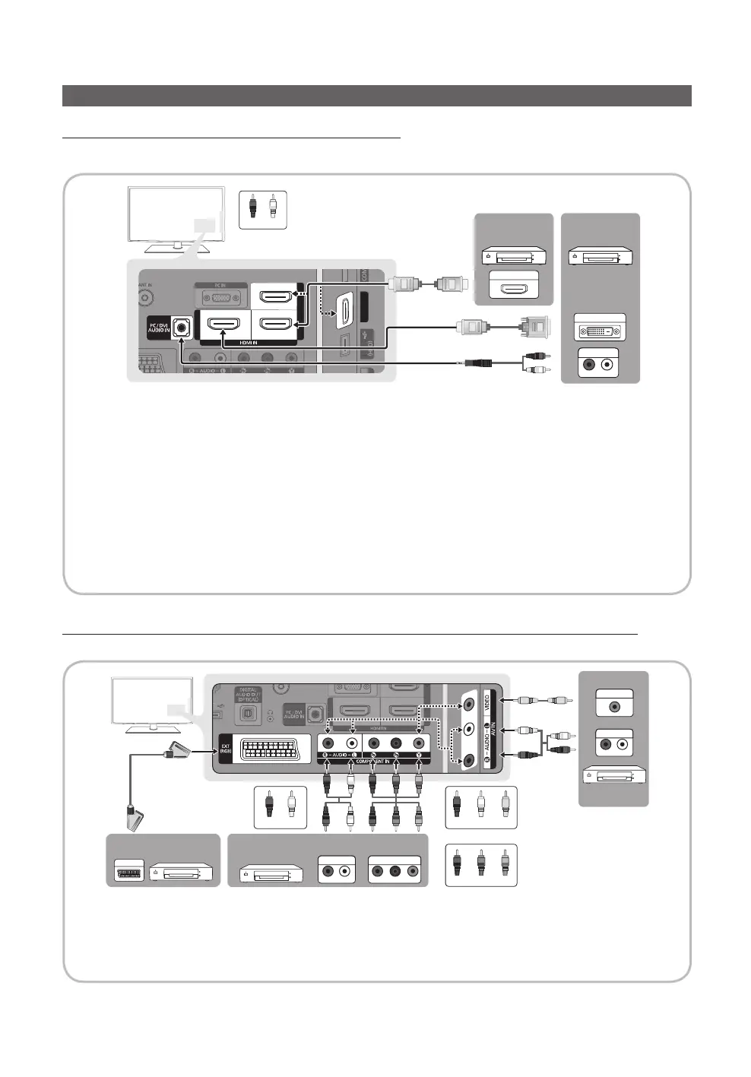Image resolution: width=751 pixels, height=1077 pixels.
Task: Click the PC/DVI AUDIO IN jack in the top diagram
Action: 181,329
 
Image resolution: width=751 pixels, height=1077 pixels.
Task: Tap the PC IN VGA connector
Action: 220,297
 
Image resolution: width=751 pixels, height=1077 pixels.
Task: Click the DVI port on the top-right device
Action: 600,331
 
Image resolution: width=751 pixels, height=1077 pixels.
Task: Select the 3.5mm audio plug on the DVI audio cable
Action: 478,363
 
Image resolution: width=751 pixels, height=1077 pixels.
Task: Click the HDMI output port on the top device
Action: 514,289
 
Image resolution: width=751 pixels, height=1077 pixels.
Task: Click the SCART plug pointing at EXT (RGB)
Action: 176,751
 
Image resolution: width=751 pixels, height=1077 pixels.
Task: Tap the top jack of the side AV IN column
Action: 470,703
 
